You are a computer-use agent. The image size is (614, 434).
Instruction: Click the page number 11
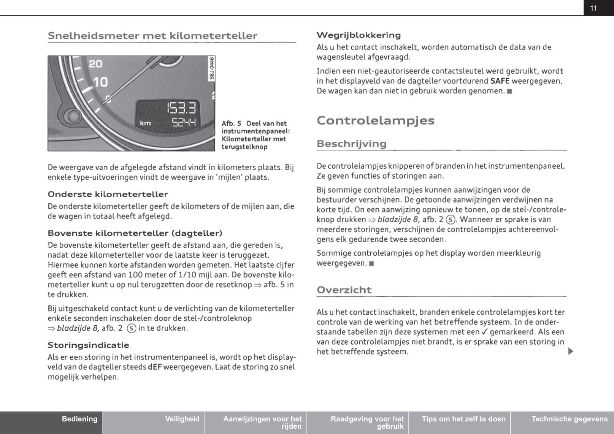point(593,8)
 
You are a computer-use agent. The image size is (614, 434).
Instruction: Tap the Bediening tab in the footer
point(79,419)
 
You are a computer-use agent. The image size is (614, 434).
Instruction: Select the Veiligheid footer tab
point(182,419)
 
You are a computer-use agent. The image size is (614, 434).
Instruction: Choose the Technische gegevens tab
point(569,419)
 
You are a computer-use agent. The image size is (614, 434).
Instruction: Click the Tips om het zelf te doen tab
point(463,419)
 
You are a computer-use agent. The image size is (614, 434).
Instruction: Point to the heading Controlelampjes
point(375,120)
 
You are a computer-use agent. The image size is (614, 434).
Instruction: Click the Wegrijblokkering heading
point(359,35)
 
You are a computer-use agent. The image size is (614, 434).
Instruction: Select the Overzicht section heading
point(344,290)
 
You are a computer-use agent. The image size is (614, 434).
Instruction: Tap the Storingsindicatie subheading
point(88,345)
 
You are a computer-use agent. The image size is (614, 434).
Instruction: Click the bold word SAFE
point(500,81)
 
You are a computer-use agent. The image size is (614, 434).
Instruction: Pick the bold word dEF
point(155,367)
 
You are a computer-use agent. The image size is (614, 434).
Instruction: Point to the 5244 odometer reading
point(184,122)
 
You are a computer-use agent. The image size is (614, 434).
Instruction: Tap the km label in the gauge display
point(145,123)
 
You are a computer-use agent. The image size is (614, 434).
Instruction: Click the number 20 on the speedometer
point(95,64)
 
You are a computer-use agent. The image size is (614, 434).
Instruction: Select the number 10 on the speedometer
point(100,82)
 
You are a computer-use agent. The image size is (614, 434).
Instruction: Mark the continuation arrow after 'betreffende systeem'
point(570,352)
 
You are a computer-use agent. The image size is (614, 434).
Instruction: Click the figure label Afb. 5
point(231,124)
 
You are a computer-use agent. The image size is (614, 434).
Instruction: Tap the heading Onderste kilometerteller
point(108,194)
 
